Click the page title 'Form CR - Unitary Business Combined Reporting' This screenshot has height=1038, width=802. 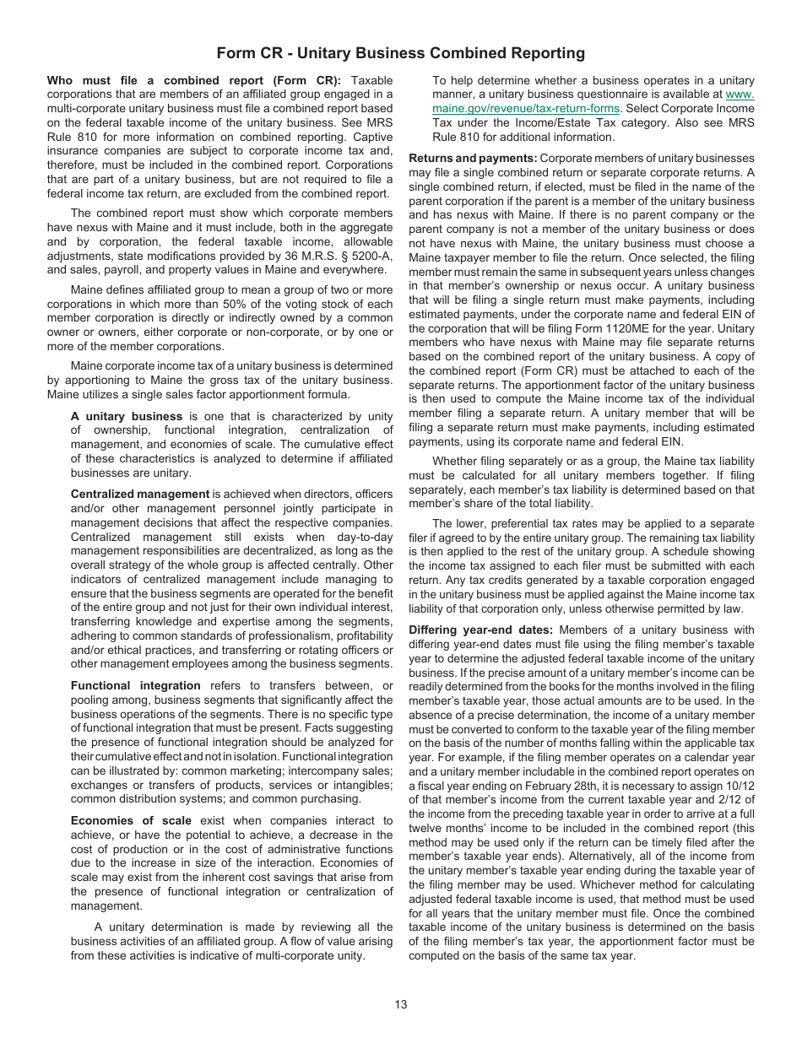(x=400, y=53)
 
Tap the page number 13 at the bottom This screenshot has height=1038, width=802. (x=400, y=1004)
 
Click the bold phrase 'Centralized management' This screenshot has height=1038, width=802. (x=140, y=494)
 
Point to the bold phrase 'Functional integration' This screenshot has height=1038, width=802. (x=136, y=685)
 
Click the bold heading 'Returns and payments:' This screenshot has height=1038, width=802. (x=473, y=159)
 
